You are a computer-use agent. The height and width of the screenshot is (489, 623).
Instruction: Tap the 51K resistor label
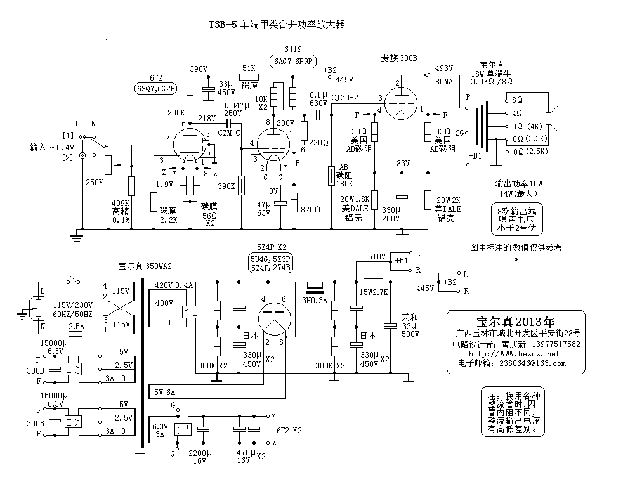249,68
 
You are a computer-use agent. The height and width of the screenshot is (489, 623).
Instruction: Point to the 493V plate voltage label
444,68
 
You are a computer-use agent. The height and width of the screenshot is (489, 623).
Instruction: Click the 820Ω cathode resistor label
310,209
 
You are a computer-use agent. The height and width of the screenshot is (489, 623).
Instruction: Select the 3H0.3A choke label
315,301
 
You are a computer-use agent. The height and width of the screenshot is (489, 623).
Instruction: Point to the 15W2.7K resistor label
374,292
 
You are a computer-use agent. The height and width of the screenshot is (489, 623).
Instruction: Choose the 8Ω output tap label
517,100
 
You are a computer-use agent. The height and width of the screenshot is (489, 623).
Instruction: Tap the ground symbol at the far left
77,237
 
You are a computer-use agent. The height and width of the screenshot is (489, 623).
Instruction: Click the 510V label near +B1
377,257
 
